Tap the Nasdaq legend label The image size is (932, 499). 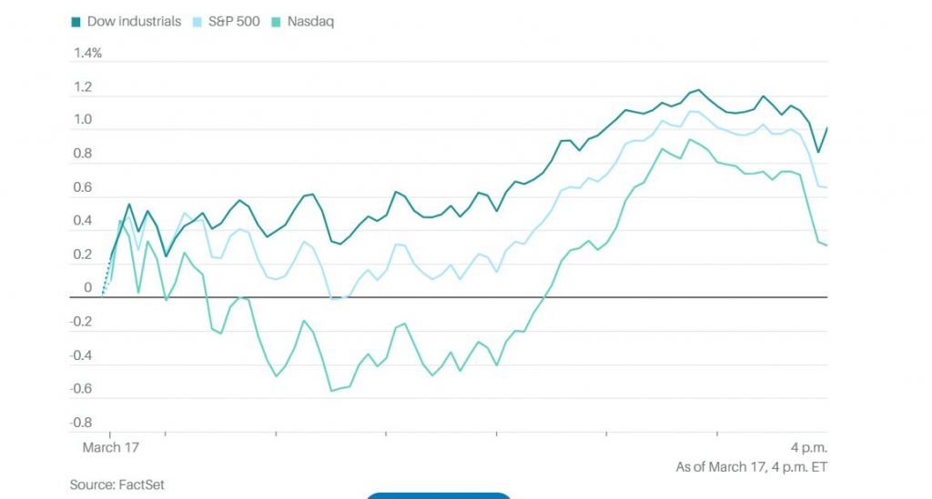click(x=311, y=21)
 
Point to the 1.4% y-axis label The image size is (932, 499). click(x=87, y=53)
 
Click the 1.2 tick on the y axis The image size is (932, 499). click(x=83, y=87)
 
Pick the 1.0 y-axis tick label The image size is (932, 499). click(x=83, y=120)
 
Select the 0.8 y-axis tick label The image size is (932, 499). click(x=83, y=154)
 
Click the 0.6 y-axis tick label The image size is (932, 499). click(x=83, y=187)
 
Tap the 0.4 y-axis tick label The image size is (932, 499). click(x=83, y=221)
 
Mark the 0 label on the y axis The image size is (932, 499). click(x=88, y=288)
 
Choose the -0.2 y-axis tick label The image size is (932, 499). click(x=81, y=322)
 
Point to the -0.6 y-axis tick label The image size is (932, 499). click(x=81, y=389)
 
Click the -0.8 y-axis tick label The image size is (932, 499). click(x=81, y=423)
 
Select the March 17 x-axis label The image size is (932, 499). click(x=111, y=448)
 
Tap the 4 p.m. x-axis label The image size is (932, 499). click(x=807, y=448)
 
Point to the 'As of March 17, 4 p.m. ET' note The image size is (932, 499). click(x=751, y=467)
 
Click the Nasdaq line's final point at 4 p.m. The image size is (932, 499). click(x=826, y=245)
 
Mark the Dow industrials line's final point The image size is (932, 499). click(x=826, y=128)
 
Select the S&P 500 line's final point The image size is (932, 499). click(x=826, y=187)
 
